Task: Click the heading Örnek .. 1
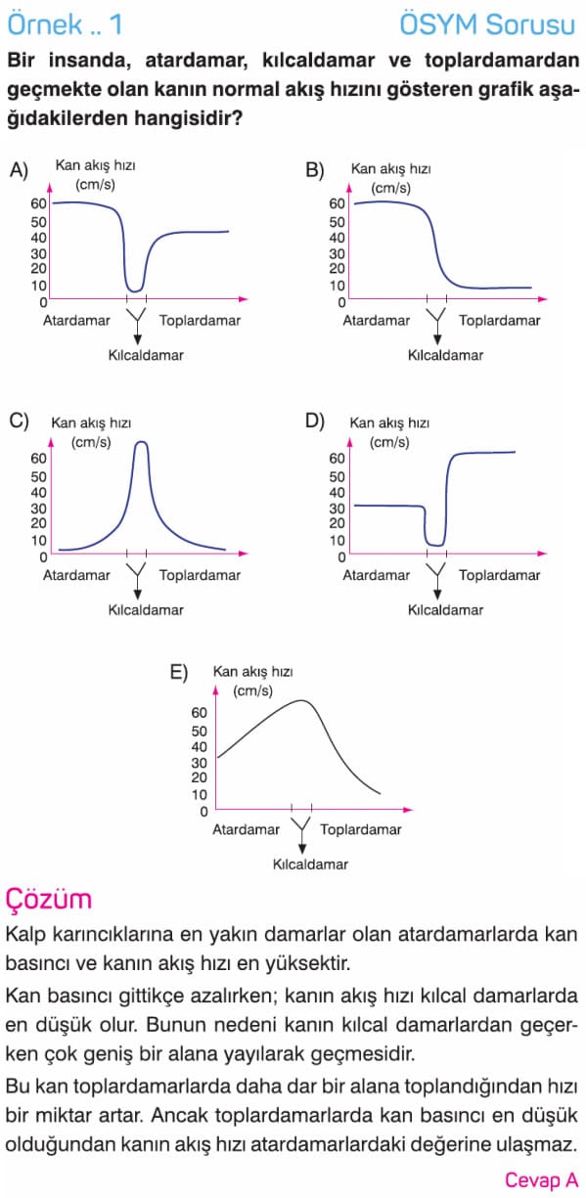coord(66,24)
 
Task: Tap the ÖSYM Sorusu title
coord(487,24)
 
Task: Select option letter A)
coord(20,170)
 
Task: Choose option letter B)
coord(315,170)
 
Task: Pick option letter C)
coord(20,421)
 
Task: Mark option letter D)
coord(315,421)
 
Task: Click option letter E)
coord(179,672)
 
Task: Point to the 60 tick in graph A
coord(38,203)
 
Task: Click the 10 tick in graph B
coord(338,286)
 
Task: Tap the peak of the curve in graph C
coord(141,442)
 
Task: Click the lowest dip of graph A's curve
coord(135,290)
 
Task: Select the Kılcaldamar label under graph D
coord(445,610)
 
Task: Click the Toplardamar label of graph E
coord(361,829)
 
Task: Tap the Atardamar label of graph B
coord(377,321)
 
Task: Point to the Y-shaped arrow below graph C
coord(137,581)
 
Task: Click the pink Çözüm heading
coord(49,899)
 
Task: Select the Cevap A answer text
coord(542,1179)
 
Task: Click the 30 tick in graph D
coord(338,508)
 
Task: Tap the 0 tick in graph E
coord(203,812)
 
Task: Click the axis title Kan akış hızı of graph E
coord(252,672)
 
